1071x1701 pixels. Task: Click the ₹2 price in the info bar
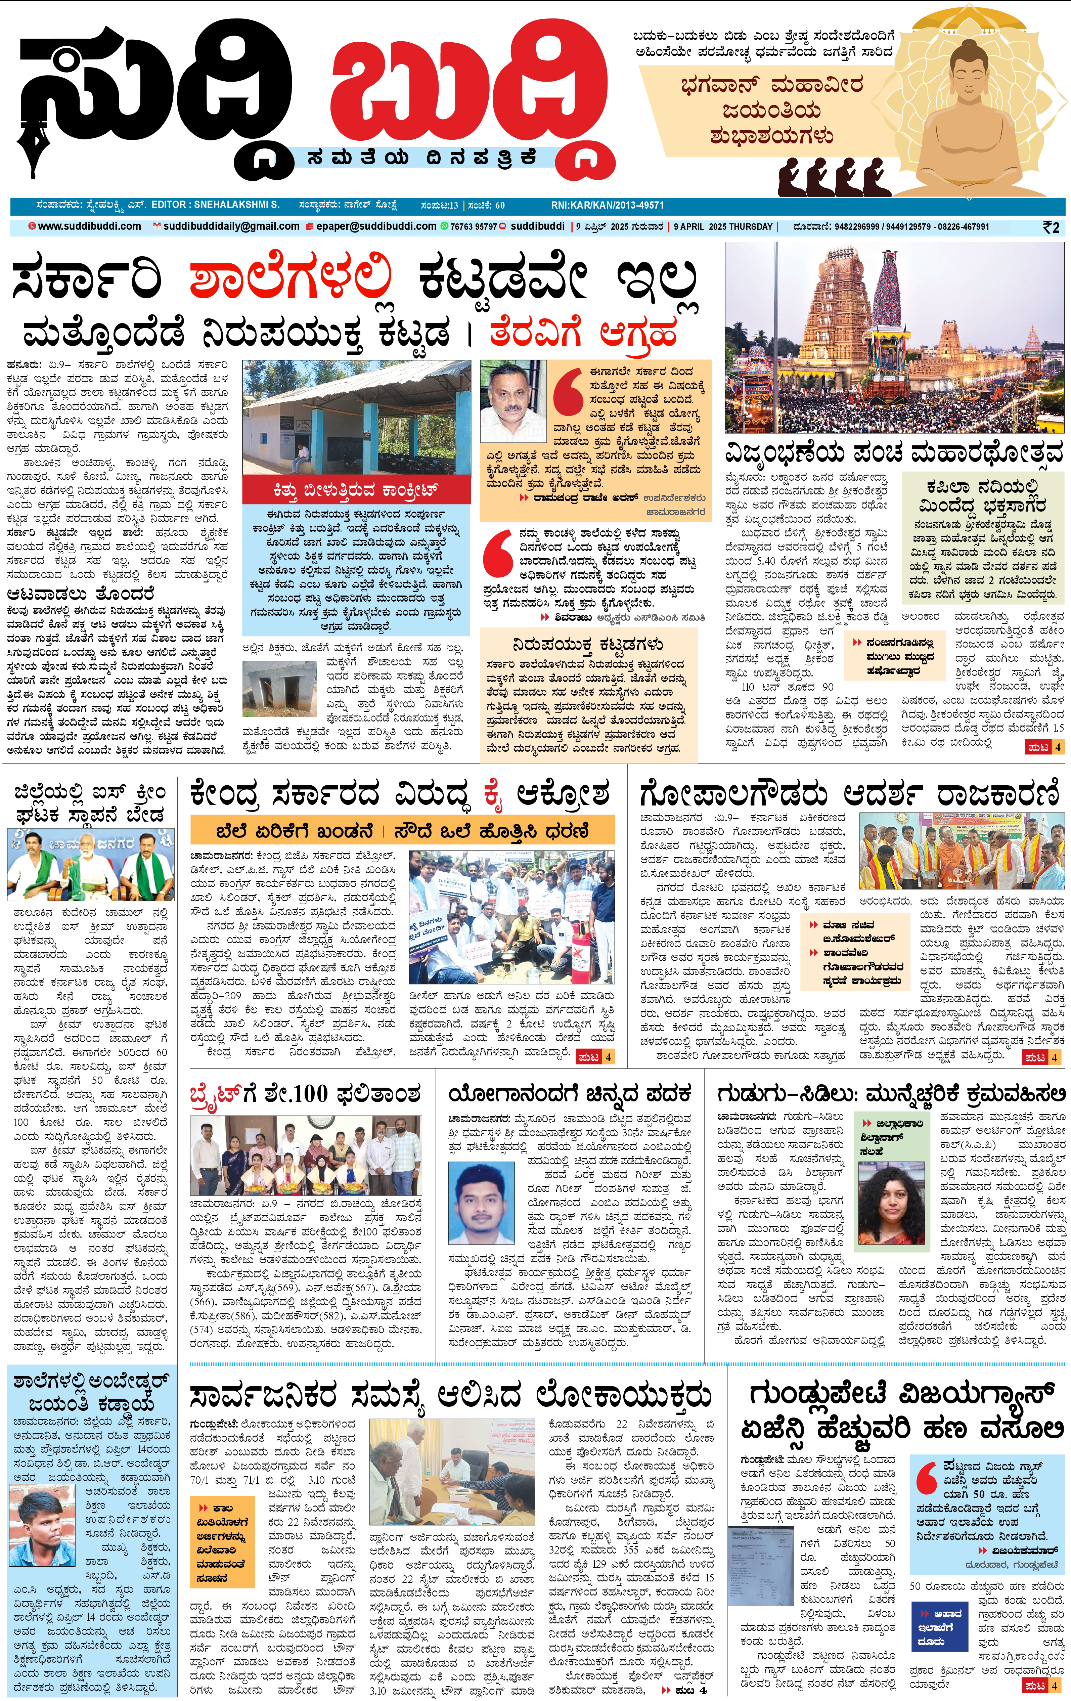coord(1051,227)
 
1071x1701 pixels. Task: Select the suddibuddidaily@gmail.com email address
coord(231,227)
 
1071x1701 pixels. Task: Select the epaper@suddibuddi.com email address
coord(376,227)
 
